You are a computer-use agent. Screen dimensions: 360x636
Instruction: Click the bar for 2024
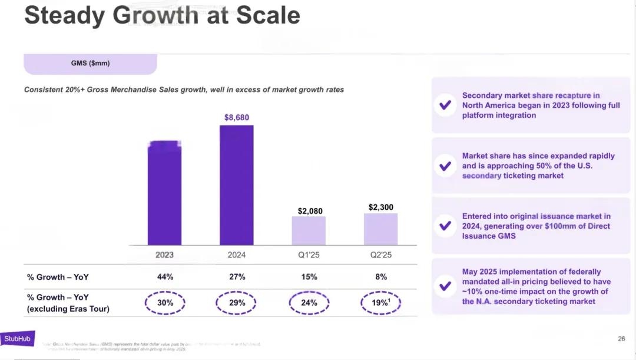click(237, 185)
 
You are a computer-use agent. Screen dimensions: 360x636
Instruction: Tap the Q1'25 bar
click(309, 230)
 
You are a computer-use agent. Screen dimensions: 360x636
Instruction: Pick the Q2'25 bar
click(381, 229)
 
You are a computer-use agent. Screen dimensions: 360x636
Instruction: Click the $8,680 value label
click(237, 118)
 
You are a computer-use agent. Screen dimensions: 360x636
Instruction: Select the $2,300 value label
click(381, 207)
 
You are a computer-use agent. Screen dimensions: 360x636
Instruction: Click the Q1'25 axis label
click(309, 255)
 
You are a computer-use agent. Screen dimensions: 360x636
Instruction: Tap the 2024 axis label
click(237, 255)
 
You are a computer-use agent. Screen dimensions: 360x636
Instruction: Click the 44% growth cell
click(165, 277)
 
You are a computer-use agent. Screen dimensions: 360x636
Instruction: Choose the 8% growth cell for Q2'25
click(381, 277)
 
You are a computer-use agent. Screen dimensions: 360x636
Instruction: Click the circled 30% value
click(165, 303)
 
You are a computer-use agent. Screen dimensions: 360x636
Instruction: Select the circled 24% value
click(309, 303)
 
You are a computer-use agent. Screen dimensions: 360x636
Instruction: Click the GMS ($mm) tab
click(90, 64)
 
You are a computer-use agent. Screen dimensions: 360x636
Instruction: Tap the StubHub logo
click(17, 339)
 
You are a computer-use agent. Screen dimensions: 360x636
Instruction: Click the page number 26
click(621, 339)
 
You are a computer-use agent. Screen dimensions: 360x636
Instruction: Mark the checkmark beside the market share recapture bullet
click(446, 105)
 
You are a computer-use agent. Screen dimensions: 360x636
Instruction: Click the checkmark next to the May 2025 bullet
click(446, 286)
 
